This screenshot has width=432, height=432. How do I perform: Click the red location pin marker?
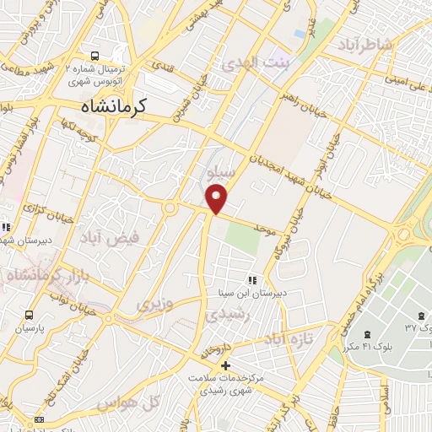coord(218,199)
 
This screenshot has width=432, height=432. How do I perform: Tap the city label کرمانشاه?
coord(114,106)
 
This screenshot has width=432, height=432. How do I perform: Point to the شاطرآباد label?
coord(364,44)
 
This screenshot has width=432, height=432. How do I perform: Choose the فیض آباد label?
coord(107,240)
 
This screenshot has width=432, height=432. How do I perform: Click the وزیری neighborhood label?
coord(158,301)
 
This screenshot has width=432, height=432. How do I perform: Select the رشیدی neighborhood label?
coord(225,312)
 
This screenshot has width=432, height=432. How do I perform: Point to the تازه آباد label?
coord(288,337)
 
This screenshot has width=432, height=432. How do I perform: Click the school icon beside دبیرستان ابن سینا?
coord(251,280)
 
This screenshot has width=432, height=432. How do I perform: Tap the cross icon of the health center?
coord(225,364)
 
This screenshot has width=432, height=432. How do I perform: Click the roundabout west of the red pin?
coord(171,208)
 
